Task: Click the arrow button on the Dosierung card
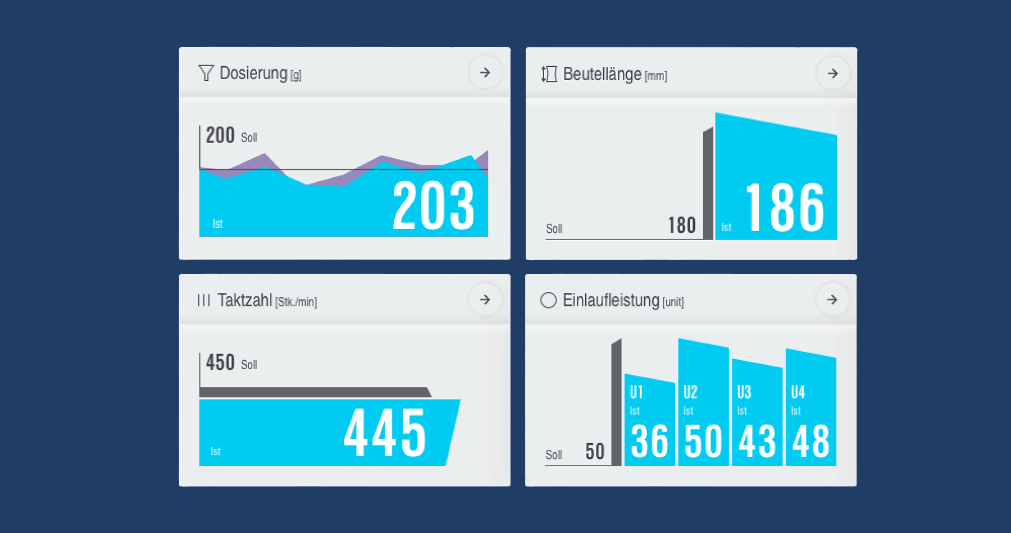[x=485, y=72]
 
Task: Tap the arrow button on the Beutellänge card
[x=832, y=73]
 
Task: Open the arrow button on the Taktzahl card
[x=485, y=300]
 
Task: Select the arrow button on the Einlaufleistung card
[x=832, y=300]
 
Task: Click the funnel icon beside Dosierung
[x=206, y=73]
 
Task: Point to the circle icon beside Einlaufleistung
[x=548, y=300]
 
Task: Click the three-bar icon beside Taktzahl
[x=204, y=300]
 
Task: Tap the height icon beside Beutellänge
[x=549, y=74]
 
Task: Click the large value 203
[x=433, y=206]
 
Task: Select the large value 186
[x=785, y=208]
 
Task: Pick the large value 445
[x=385, y=433]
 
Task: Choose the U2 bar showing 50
[x=703, y=404]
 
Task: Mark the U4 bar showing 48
[x=810, y=410]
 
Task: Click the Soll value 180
[x=682, y=226]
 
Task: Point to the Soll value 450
[x=220, y=362]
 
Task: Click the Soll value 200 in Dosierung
[x=220, y=135]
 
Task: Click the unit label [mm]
[x=655, y=76]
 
